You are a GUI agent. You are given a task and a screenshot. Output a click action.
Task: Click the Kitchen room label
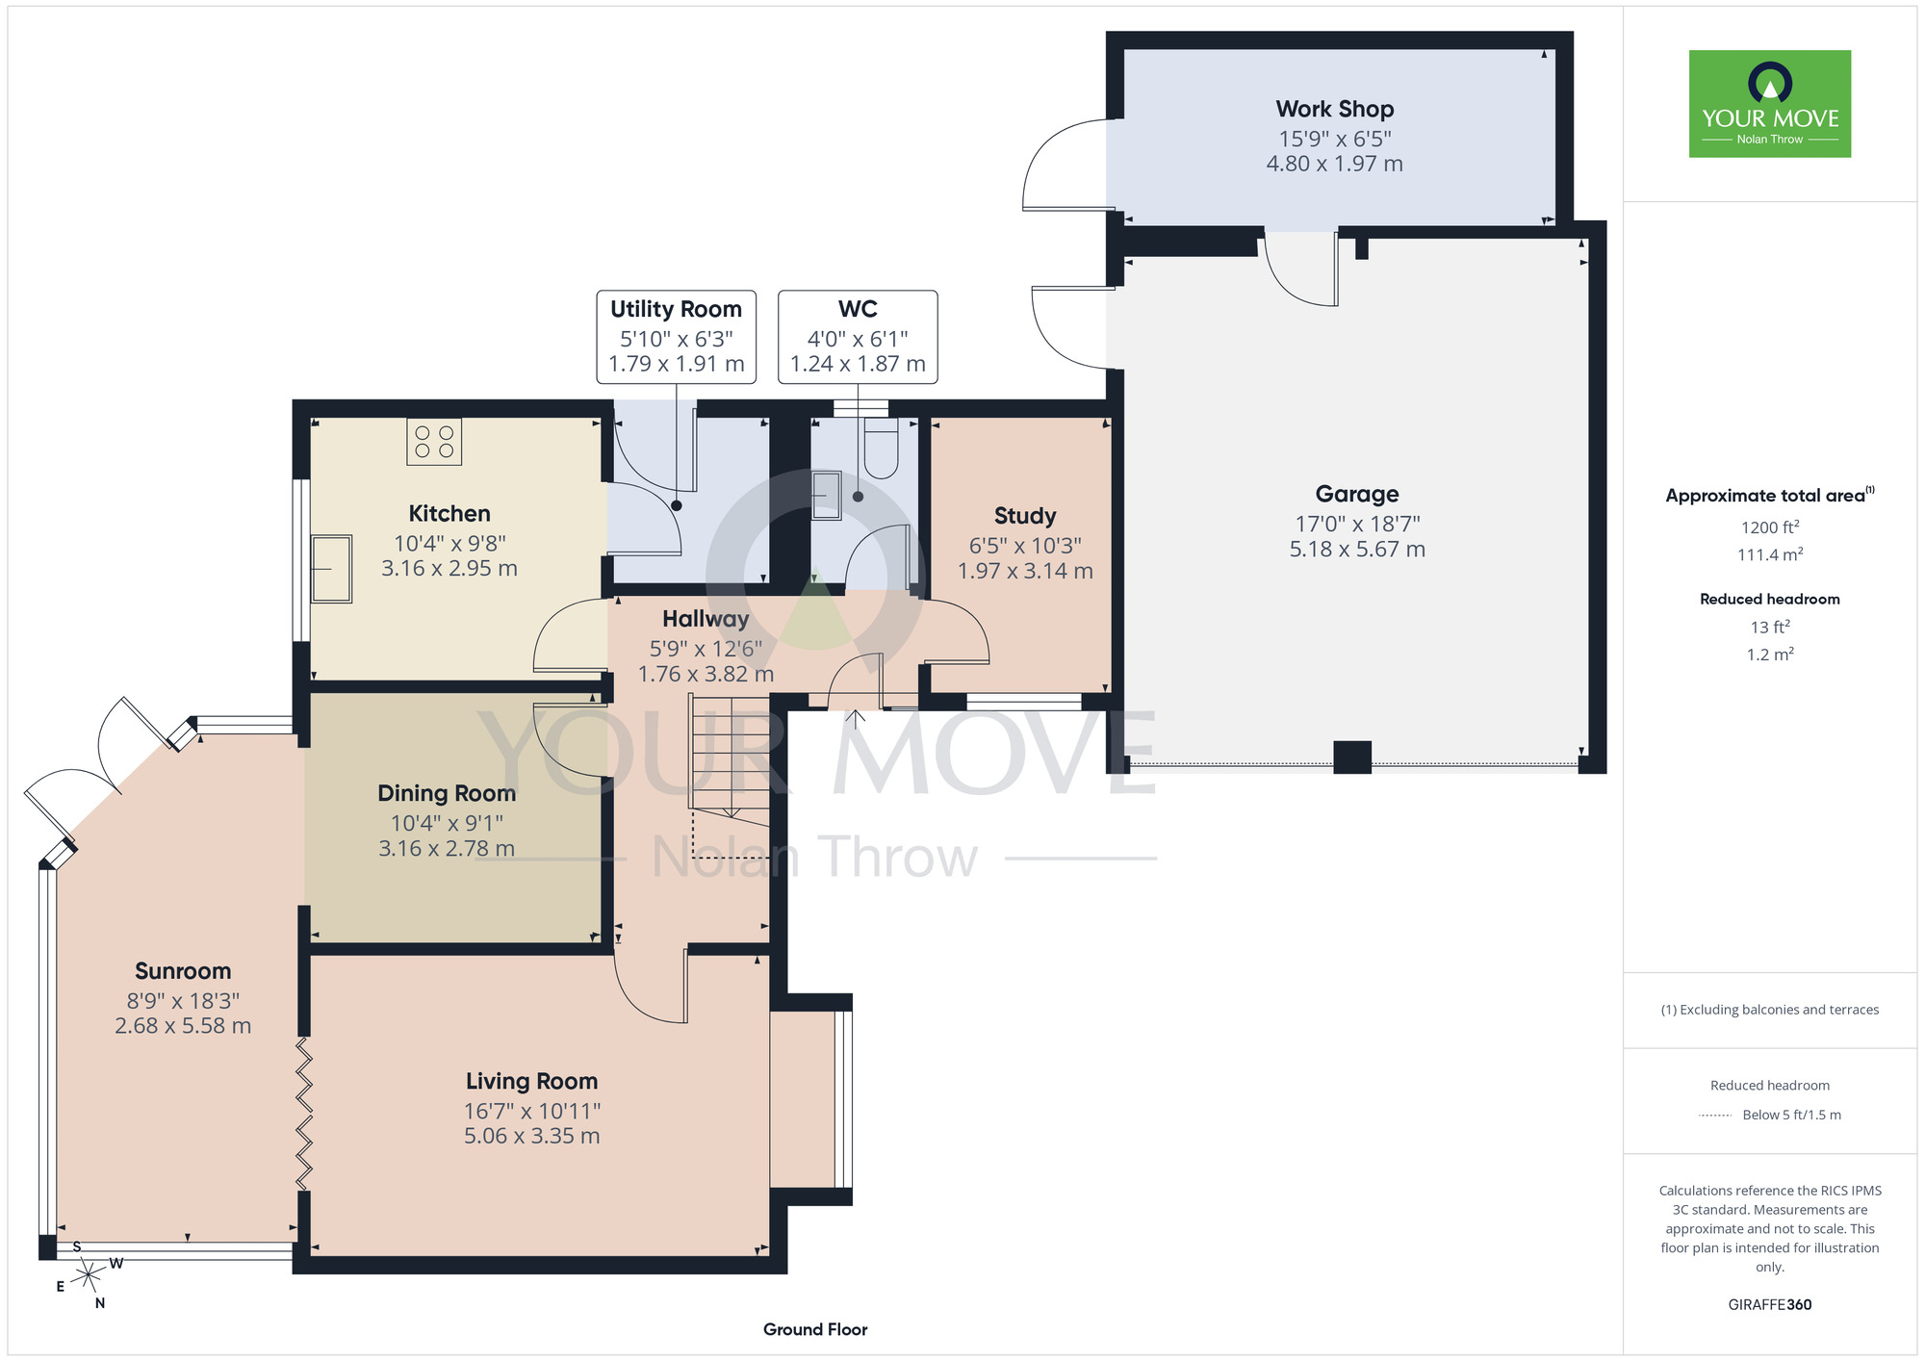click(449, 513)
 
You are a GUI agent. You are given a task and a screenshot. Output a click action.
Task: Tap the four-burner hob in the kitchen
click(434, 442)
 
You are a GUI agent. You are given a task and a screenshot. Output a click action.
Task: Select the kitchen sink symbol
click(331, 569)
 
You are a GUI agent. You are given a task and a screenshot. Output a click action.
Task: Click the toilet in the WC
click(881, 448)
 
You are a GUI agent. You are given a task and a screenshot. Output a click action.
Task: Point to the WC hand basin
click(826, 495)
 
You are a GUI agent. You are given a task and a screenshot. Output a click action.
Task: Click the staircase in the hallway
click(730, 754)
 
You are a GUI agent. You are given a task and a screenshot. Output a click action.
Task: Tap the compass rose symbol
click(89, 1275)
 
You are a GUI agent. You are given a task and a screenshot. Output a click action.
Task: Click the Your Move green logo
click(1770, 104)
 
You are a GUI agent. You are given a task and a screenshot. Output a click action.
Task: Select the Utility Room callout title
click(677, 309)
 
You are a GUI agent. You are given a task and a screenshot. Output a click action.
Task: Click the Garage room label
click(1357, 494)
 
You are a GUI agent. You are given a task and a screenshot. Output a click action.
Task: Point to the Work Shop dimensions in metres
click(1335, 164)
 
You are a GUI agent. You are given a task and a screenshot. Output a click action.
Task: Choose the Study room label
click(1025, 516)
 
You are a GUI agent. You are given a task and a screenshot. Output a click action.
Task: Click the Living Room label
click(532, 1081)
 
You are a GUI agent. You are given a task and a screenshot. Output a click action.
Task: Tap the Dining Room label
click(447, 793)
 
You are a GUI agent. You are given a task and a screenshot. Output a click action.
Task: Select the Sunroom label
click(183, 971)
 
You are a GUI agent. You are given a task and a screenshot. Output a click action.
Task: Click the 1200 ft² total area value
click(1770, 526)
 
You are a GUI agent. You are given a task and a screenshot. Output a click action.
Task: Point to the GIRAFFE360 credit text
click(1770, 1305)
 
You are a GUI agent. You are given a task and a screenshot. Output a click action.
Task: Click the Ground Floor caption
click(815, 1329)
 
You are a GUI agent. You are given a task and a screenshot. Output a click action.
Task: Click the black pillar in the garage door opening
click(1352, 758)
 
